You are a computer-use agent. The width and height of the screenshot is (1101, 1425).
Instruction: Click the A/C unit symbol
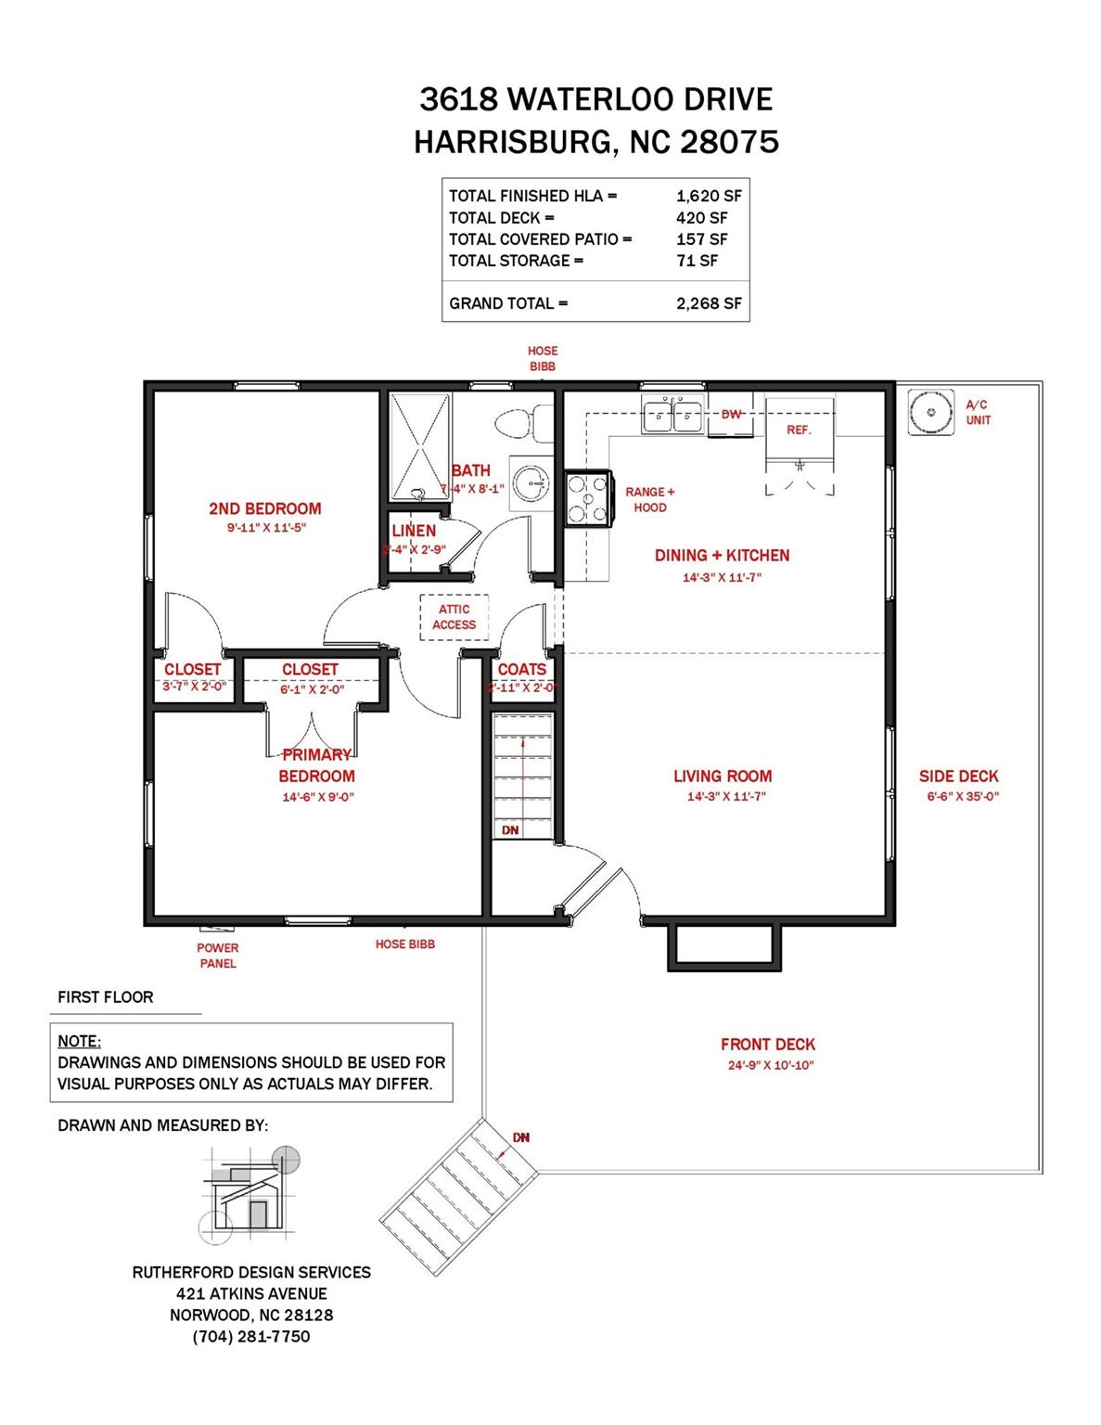(930, 411)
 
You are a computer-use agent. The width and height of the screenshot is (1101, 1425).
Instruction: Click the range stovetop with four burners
(587, 499)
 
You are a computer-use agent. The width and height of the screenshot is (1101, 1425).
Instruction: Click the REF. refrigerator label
(798, 430)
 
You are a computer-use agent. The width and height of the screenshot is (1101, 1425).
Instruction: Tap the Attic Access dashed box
(454, 617)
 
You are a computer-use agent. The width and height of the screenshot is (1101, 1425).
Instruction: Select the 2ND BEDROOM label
(265, 508)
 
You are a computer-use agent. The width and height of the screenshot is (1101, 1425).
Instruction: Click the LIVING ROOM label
(723, 777)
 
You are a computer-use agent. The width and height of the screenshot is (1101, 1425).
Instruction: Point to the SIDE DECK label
(958, 777)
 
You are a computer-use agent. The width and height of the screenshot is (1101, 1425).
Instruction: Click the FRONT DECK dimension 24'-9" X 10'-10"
(770, 1066)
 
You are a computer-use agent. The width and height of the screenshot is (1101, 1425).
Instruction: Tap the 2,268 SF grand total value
(709, 303)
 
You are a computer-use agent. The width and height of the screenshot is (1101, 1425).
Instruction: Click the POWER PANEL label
(218, 956)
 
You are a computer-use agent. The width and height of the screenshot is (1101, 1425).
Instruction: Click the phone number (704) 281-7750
(251, 1337)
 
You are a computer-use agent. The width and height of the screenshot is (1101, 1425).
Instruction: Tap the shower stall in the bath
(421, 445)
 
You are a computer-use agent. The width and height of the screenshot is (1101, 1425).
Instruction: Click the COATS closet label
(522, 669)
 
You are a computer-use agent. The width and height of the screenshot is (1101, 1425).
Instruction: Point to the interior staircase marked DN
(522, 775)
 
